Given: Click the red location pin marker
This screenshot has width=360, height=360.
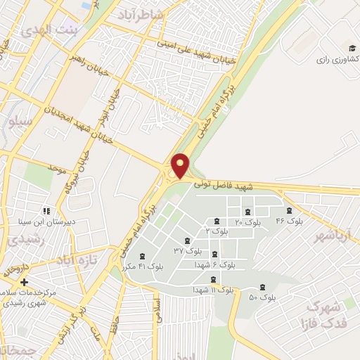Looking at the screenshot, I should pos(181,165).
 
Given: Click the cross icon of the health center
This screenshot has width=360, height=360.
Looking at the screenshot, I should pos(24,282).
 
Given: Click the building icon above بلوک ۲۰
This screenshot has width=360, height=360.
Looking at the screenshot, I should pos(247,212).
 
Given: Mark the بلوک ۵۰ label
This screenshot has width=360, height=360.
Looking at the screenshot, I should pos(262,297).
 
